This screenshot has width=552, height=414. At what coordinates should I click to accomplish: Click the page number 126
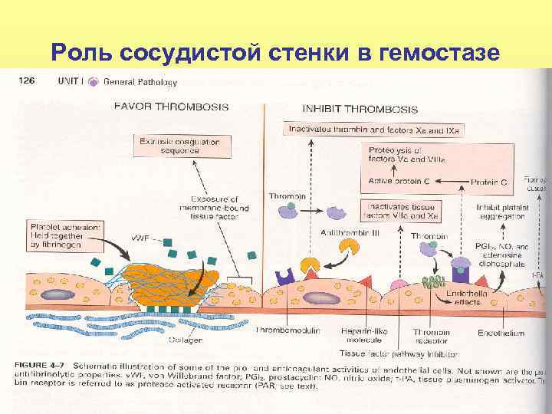pyautogui.click(x=29, y=81)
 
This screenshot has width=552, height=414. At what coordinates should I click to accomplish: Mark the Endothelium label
pyautogui.click(x=500, y=333)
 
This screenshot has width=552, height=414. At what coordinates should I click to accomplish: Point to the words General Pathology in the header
pyautogui.click(x=140, y=82)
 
